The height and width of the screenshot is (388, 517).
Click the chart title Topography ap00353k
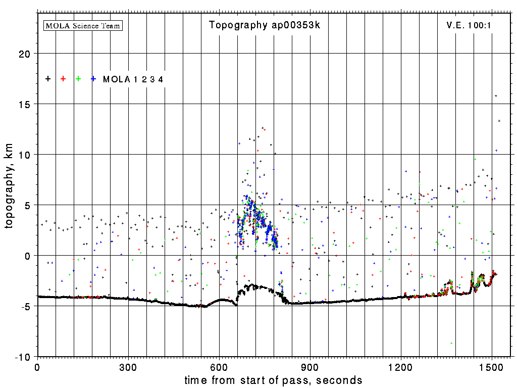265,25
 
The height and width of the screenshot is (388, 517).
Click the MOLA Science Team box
83,25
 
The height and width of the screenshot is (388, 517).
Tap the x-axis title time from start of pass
273,380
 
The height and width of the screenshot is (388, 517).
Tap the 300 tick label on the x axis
128,366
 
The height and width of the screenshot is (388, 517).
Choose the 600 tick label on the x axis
219,366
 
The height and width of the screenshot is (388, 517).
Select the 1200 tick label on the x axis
401,366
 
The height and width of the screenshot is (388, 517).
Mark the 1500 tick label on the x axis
492,366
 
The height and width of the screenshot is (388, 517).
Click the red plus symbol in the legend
63,79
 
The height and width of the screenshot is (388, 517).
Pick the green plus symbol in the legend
78,79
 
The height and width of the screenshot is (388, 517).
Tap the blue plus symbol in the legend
93,79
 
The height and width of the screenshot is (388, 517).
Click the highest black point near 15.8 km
496,95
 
